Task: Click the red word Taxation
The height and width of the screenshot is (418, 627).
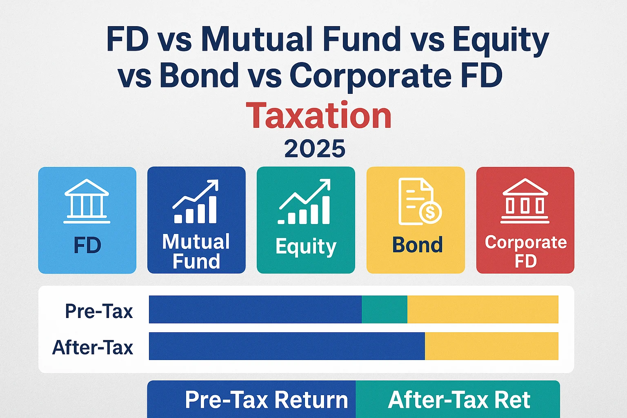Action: [319, 116]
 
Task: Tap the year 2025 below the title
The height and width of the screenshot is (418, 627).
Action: [315, 149]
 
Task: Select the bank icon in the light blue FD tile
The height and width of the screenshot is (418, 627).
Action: [87, 201]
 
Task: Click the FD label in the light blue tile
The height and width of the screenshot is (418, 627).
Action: [87, 246]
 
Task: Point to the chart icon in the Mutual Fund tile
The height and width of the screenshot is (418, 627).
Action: [196, 202]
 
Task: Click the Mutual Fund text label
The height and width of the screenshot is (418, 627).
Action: [196, 251]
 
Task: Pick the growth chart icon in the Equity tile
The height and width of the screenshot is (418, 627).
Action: [305, 202]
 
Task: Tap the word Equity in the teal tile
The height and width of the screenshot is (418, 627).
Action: [306, 247]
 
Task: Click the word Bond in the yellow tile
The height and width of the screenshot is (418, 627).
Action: [417, 245]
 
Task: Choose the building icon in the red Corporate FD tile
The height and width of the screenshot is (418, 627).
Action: [525, 201]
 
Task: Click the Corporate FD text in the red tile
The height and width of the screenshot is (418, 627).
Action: [525, 251]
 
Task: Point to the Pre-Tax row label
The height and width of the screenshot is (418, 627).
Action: [99, 311]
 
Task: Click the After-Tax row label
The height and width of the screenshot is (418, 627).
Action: [93, 348]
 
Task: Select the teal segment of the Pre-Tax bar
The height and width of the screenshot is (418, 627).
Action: [384, 309]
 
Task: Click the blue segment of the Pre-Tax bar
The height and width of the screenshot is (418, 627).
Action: [255, 309]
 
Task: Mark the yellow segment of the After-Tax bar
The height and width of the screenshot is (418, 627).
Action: [491, 346]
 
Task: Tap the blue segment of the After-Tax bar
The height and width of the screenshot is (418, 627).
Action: [287, 346]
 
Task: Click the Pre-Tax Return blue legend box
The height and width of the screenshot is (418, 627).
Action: [251, 399]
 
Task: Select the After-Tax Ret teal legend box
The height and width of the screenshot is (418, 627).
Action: [458, 399]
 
